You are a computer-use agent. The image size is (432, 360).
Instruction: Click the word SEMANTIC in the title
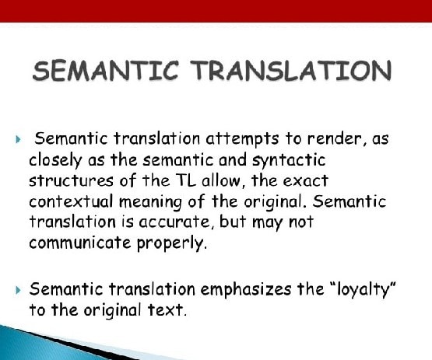(x=105, y=71)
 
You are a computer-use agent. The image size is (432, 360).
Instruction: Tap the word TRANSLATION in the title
(x=291, y=71)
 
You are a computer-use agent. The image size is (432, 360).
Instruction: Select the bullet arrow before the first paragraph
(x=19, y=139)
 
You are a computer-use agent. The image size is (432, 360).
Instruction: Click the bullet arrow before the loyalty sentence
(x=19, y=290)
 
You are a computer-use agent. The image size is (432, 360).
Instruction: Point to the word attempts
(x=242, y=139)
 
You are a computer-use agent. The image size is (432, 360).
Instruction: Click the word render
(x=337, y=138)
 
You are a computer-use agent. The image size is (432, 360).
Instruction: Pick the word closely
(x=55, y=160)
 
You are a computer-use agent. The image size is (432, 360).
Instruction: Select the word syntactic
(x=289, y=160)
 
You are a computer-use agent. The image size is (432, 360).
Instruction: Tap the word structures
(x=71, y=181)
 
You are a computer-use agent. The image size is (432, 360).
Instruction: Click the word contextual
(x=71, y=201)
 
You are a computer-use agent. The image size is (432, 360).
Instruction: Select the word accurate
(x=174, y=222)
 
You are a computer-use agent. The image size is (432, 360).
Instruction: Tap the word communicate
(x=79, y=243)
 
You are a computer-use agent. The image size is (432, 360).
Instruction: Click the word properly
(x=170, y=243)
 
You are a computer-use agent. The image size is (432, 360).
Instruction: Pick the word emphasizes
(x=245, y=290)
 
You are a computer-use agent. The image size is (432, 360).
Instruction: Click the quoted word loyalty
(x=362, y=290)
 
